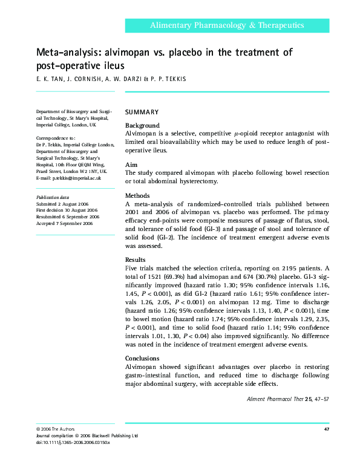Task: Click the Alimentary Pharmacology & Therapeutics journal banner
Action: tap(227, 25)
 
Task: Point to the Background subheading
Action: tap(142, 125)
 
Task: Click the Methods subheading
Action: tap(138, 196)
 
